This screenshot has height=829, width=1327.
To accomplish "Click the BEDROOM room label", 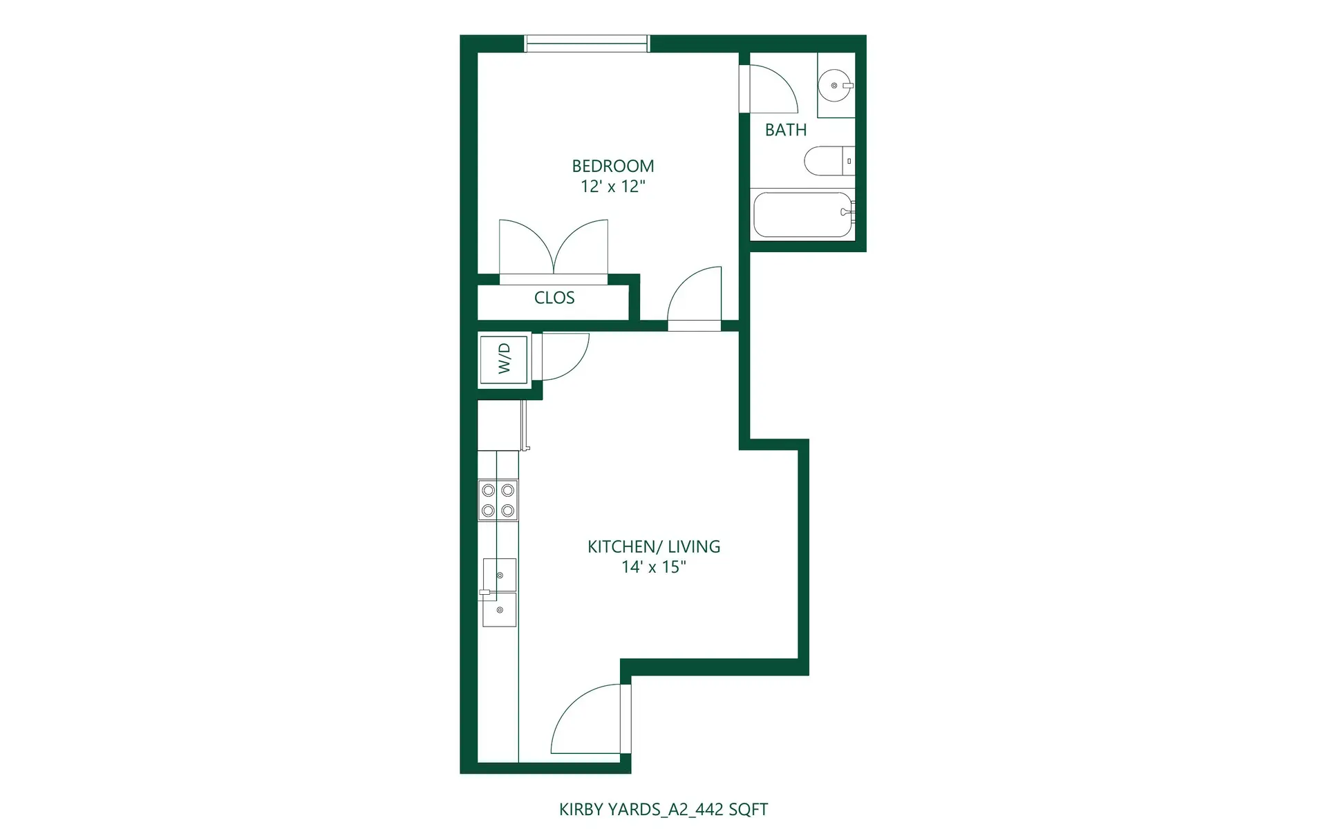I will (612, 166).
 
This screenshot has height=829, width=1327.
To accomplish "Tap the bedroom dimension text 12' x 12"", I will (612, 187).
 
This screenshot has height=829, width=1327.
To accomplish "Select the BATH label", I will (786, 130).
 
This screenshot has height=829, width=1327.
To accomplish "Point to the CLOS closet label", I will (554, 298).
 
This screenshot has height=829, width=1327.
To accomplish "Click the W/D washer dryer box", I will (504, 358).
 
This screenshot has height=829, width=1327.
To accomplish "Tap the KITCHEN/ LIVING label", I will (654, 546).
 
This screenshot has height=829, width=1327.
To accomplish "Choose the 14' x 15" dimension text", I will (654, 567).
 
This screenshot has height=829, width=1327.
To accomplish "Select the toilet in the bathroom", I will (828, 161).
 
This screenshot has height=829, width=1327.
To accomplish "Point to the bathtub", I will (802, 214).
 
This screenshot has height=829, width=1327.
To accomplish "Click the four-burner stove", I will (498, 500).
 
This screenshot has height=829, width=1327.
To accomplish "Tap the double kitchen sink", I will (499, 592).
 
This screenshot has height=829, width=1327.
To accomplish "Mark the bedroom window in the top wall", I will (587, 44).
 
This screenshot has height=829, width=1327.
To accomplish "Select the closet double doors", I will (554, 249).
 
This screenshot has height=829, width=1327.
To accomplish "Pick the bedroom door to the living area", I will (695, 297).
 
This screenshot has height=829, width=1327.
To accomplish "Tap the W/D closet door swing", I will (564, 356).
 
